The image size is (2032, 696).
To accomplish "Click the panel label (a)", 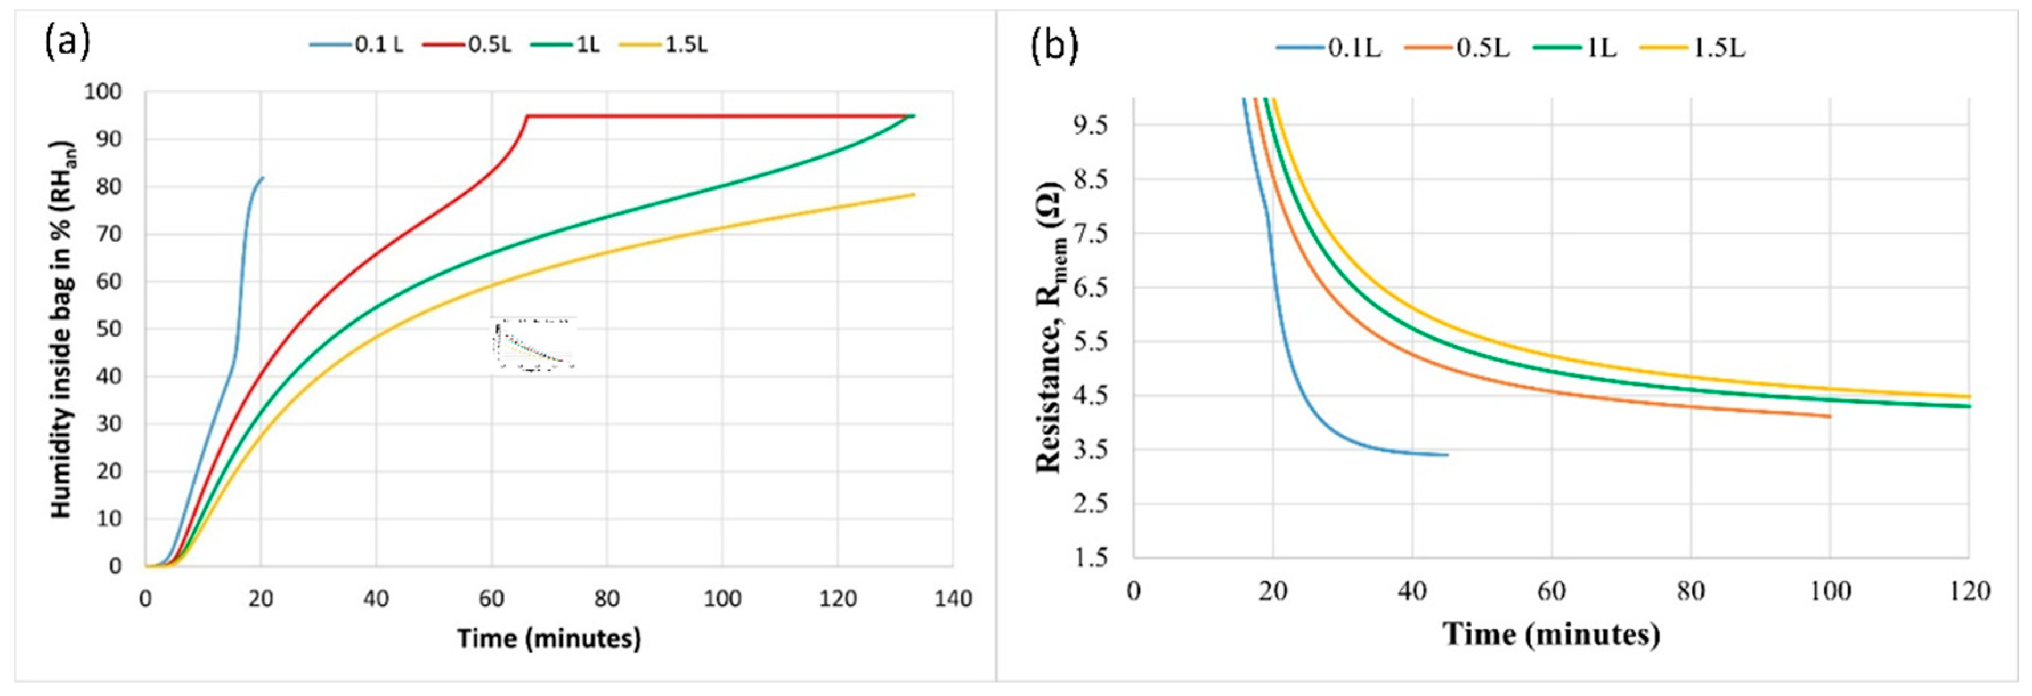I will [67, 42].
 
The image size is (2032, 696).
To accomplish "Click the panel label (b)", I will [1054, 46].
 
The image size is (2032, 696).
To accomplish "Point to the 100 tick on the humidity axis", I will [103, 92].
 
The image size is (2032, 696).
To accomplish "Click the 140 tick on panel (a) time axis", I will [953, 599].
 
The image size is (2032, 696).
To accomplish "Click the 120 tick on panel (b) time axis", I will [1968, 591].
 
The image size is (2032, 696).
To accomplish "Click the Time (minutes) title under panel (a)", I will [549, 638].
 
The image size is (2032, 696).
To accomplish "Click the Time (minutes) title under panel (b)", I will [1551, 634].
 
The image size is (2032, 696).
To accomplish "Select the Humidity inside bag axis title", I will [62, 330].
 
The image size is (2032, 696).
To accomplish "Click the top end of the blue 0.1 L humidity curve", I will [262, 177].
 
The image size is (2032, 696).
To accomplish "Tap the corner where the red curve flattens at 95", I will [526, 116].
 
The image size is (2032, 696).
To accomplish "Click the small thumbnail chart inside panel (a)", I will [533, 344].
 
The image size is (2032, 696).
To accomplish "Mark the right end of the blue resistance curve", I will [1446, 455].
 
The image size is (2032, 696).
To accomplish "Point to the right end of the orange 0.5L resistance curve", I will [1829, 416].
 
